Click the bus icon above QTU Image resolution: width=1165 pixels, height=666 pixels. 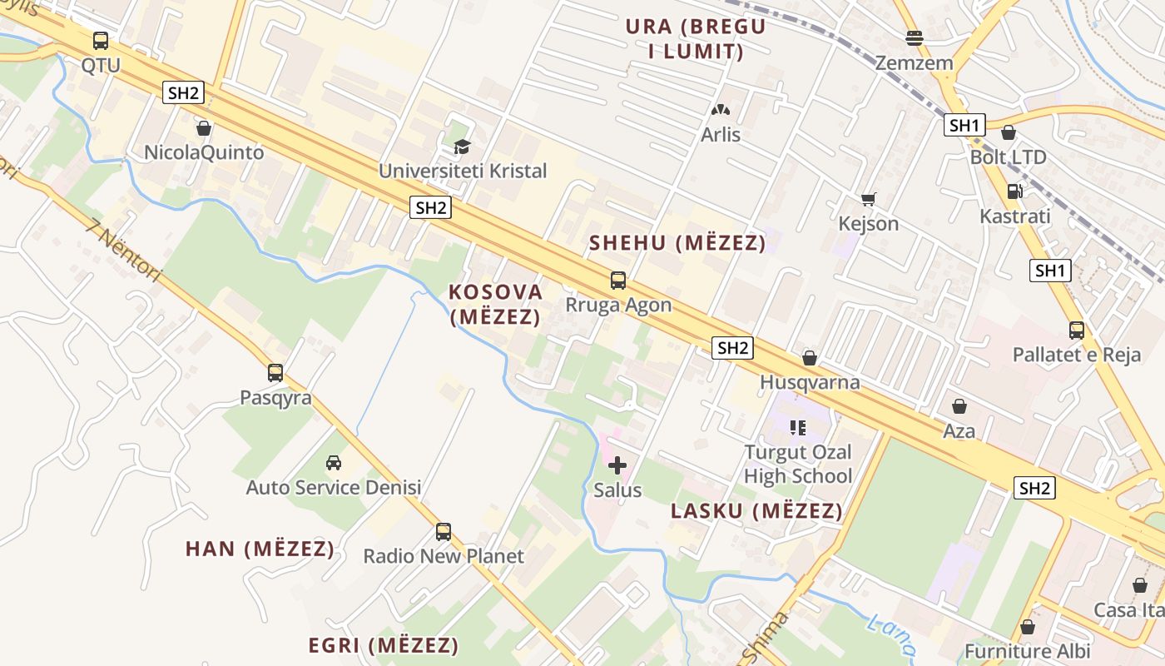point(100,40)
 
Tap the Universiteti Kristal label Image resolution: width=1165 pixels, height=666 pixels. point(463,171)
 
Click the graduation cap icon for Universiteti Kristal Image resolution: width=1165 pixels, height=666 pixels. point(462,147)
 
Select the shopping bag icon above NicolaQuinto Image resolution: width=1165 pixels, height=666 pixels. point(203,128)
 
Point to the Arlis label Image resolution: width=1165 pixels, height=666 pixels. point(721,135)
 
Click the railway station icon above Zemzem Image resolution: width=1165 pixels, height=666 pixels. point(914,37)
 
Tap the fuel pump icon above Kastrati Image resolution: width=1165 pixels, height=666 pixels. point(1014,191)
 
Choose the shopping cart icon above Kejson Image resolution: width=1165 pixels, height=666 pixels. point(868,200)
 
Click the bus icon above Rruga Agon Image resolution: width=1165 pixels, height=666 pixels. point(617,281)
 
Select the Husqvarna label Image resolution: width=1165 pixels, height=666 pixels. point(809,383)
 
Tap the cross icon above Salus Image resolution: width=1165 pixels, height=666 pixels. point(617,465)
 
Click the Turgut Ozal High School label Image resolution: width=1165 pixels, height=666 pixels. point(798,465)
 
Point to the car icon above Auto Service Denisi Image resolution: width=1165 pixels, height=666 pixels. point(334,462)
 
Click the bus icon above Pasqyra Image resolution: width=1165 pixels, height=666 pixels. point(275,373)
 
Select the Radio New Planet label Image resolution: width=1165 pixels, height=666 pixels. point(444,556)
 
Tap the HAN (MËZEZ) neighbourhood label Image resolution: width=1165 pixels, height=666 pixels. point(260,549)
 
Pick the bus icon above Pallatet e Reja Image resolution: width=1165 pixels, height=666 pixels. point(1076,331)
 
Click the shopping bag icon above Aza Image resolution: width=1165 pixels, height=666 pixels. point(959,406)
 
